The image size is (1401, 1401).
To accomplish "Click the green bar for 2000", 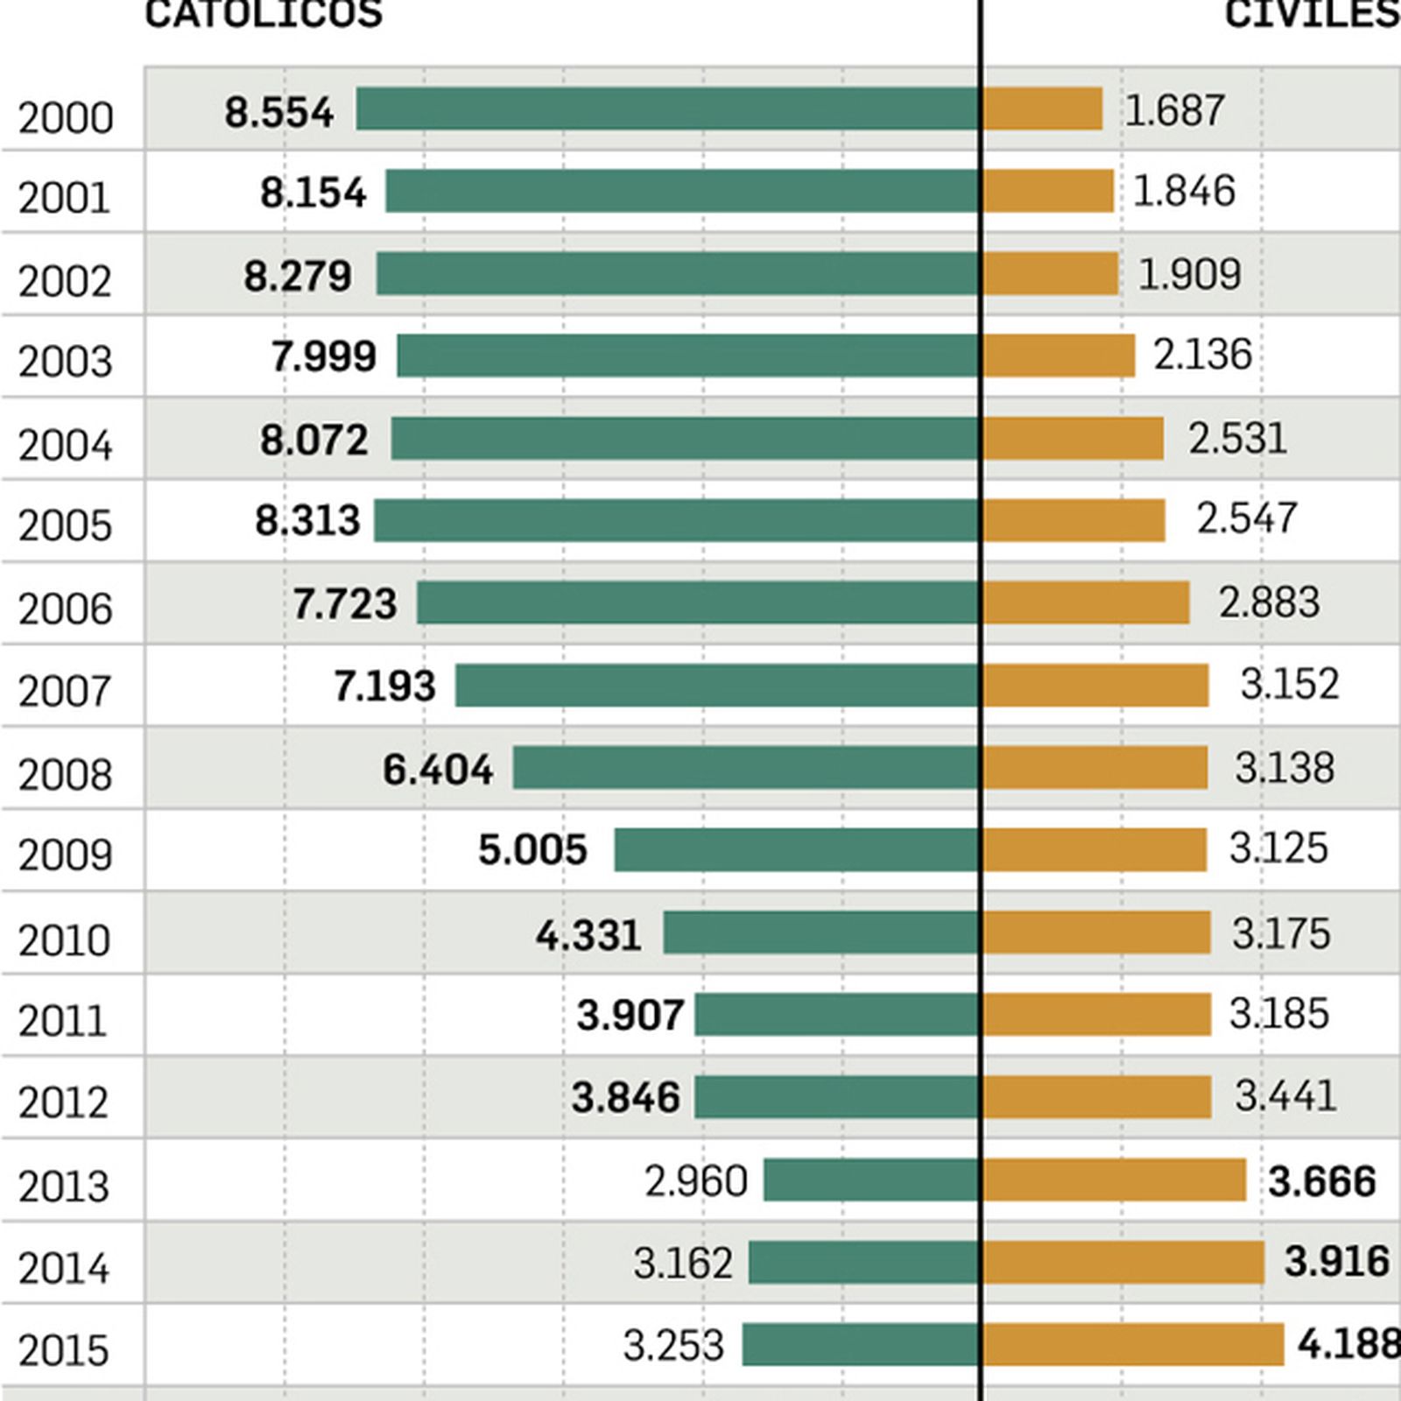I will (667, 109).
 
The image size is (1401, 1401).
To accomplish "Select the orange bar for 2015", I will (1133, 1344).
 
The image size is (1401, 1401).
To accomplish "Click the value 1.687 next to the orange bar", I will (1173, 111).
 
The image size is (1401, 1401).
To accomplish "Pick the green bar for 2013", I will (871, 1179).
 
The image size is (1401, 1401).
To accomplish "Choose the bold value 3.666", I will (1321, 1181).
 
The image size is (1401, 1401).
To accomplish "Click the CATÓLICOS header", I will (263, 14).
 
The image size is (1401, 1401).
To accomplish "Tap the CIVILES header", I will (1312, 14).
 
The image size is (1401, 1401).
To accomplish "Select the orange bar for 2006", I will (1086, 602).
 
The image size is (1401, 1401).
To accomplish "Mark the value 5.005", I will (532, 850).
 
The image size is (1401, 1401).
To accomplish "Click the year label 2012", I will (63, 1102).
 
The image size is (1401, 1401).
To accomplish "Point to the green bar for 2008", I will (746, 767).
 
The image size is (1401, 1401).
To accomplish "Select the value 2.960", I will (696, 1181).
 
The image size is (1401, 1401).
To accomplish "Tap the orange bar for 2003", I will (1059, 356).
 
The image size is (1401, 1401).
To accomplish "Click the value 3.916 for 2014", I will (1336, 1262).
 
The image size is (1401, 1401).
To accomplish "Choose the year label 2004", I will (66, 445).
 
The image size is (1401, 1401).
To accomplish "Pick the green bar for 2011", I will (837, 1014).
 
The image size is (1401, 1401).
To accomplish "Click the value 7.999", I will (323, 356).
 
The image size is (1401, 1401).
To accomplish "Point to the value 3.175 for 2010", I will (1280, 933).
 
